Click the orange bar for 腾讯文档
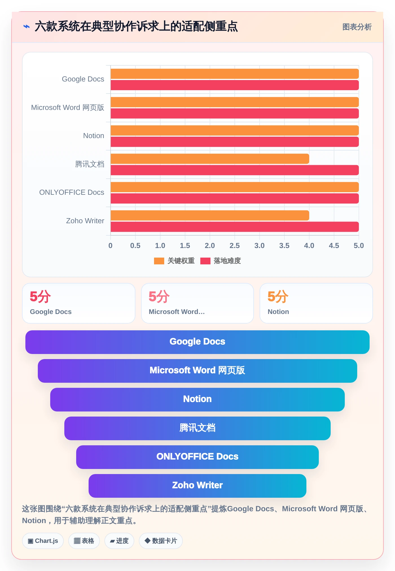210,159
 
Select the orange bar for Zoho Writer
210,215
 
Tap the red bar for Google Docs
235,85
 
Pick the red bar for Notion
235,142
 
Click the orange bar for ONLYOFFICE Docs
235,187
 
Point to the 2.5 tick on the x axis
235,245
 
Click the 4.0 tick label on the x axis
309,245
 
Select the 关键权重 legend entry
174,261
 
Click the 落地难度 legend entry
221,261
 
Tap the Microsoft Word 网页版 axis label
68,107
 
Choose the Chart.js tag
43,541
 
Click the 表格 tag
84,541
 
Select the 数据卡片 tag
161,541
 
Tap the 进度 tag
119,541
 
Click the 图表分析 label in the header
357,27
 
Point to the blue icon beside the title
27,27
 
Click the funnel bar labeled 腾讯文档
197,428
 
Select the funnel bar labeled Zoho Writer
197,486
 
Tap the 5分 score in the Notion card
278,297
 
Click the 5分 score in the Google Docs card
40,297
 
